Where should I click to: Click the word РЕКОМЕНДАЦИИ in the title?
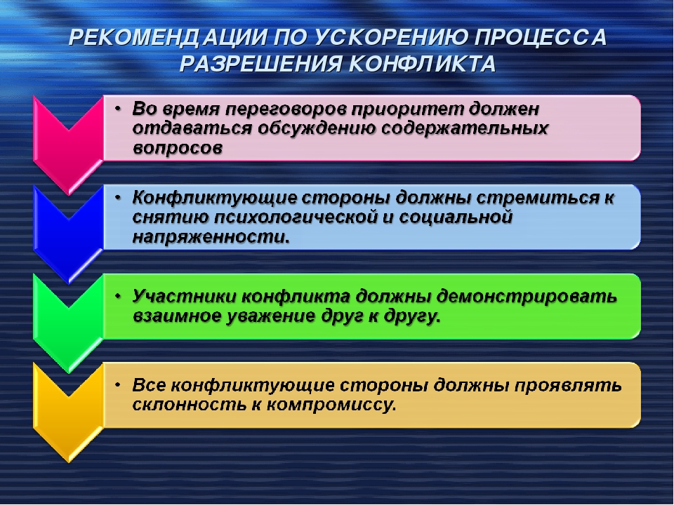(x=168, y=37)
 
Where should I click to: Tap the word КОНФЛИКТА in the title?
(x=423, y=64)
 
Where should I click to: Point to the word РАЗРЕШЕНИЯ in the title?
(x=260, y=64)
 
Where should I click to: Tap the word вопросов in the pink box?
(x=178, y=148)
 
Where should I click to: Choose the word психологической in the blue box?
(x=296, y=217)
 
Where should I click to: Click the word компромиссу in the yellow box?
(x=329, y=405)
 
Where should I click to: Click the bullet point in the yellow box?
(x=118, y=385)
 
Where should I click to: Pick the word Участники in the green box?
(x=185, y=297)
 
